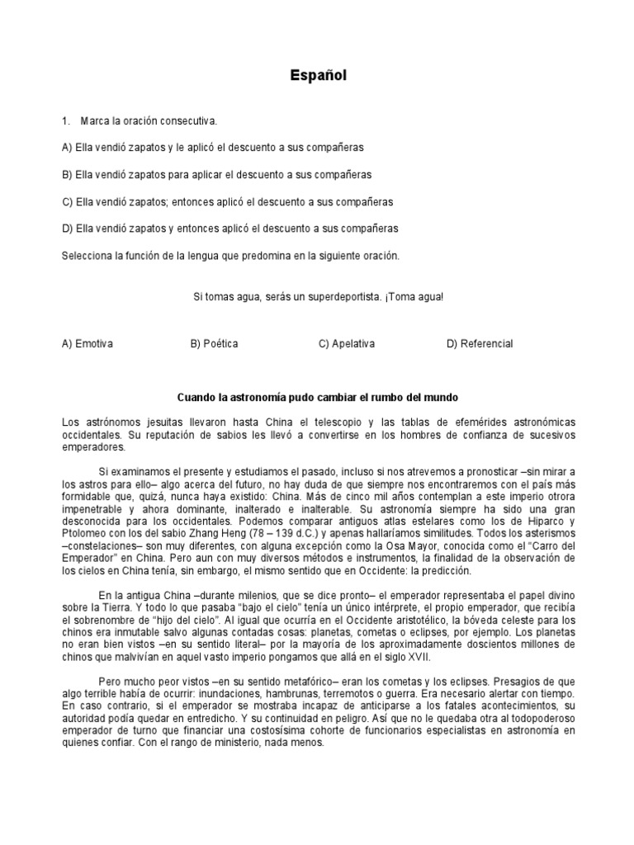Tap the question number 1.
coord(65,121)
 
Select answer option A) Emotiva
coord(88,343)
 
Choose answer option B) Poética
coord(214,343)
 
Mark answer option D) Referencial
coord(480,343)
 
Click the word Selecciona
coord(87,256)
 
